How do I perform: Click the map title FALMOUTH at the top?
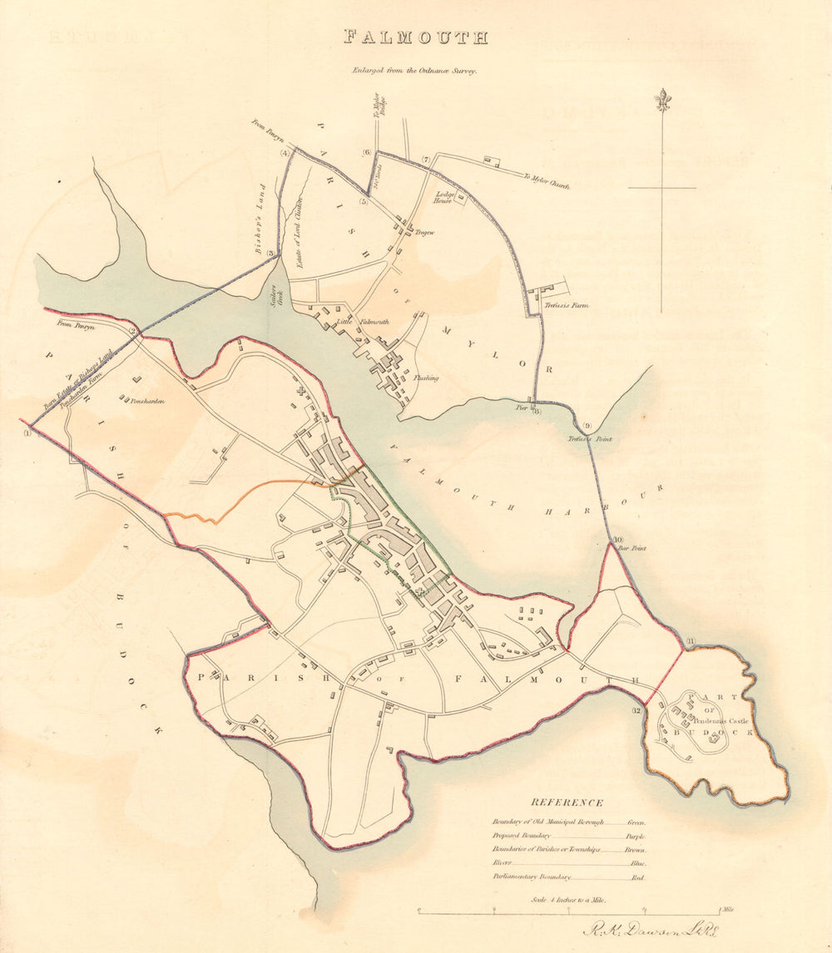416,37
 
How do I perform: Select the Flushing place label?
427,378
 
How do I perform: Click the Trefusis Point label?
590,438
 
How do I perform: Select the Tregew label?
425,233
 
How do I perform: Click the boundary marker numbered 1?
27,431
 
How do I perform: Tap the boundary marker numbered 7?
425,160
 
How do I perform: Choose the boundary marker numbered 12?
636,709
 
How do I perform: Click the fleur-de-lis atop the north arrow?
662,100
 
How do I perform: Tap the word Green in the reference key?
636,822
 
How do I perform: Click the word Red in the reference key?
638,877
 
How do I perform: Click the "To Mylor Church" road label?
546,182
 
